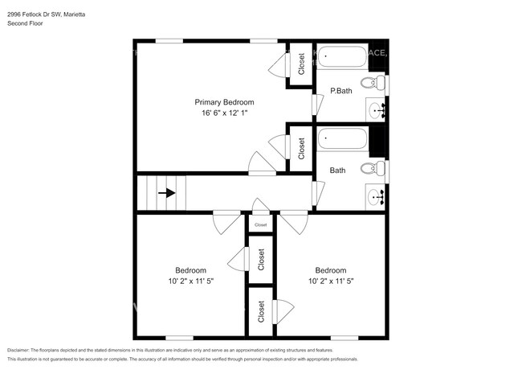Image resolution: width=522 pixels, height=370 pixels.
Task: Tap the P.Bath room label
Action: (341, 91)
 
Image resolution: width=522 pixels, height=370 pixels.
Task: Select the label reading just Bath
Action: (337, 171)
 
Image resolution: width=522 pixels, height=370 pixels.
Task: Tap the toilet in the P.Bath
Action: (372, 82)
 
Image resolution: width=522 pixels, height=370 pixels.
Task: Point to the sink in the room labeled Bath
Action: (375, 195)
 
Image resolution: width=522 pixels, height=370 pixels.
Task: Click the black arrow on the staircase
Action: (166, 193)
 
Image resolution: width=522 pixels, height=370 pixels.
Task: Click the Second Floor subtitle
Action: (26, 24)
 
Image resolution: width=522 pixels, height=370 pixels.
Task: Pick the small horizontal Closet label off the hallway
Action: (260, 225)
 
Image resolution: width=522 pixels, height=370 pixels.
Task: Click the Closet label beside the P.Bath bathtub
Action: (301, 64)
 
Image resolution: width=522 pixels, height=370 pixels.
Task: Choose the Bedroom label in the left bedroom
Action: (191, 270)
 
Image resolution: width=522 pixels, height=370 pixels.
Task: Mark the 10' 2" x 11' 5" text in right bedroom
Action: (330, 282)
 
